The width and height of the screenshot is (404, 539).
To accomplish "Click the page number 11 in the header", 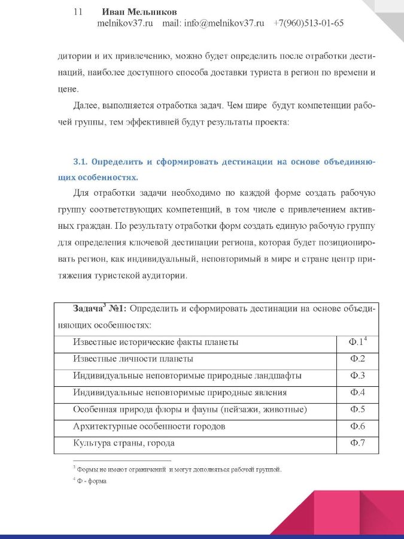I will tap(77, 12).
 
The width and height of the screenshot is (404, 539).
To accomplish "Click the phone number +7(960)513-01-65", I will tap(308, 24).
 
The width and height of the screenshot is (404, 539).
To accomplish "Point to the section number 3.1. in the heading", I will tap(80, 162).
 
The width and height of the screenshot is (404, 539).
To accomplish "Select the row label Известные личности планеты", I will tap(133, 359).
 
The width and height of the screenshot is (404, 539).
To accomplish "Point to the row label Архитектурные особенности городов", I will tap(149, 426).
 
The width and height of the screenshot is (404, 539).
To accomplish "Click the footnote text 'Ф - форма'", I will tap(89, 482).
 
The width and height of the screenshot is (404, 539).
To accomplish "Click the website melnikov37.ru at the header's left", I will tap(125, 24).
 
